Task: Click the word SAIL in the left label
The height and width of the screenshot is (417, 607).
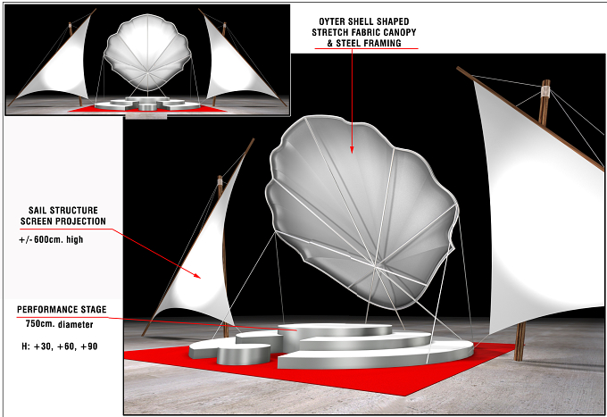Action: point(37,211)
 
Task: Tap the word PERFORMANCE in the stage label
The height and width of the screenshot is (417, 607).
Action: point(46,310)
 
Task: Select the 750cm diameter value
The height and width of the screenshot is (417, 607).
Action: point(40,323)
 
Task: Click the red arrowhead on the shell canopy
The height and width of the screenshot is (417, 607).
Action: point(352,149)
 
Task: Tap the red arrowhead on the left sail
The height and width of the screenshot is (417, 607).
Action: point(197,275)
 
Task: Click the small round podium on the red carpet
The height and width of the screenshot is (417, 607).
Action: point(244,354)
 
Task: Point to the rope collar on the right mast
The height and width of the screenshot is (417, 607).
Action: point(545,92)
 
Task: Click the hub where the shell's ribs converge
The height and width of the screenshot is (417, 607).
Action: point(375,265)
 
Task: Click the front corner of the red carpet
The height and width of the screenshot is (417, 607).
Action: point(403,396)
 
